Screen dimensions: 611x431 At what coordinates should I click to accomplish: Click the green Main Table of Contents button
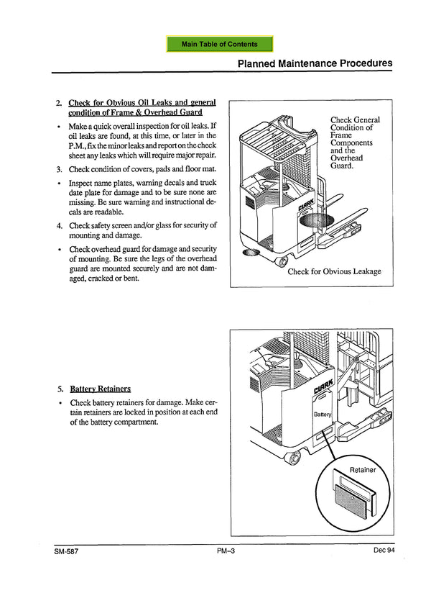pos(220,44)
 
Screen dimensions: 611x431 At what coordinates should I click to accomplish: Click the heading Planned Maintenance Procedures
pos(315,63)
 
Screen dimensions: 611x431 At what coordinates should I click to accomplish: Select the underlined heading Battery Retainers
pos(100,389)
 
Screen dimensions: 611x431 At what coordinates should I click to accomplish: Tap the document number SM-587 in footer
pos(65,551)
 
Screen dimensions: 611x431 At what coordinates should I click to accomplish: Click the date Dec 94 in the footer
pos(384,551)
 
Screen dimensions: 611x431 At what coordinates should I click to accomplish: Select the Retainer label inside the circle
pos(363,470)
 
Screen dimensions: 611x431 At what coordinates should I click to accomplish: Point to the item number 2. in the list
pos(59,103)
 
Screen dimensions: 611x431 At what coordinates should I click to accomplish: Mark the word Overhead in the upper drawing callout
pos(347,158)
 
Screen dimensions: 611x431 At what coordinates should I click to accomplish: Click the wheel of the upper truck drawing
pos(282,259)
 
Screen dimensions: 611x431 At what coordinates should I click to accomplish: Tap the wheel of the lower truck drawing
pos(292,458)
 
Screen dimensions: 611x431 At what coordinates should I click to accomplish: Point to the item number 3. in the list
pos(59,170)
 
